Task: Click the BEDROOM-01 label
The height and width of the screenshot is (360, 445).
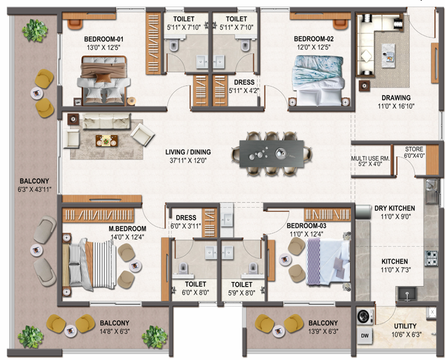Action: pyautogui.click(x=103, y=39)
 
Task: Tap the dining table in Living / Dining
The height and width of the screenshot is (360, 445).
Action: pyautogui.click(x=272, y=153)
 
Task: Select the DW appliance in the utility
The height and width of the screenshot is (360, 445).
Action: pyautogui.click(x=365, y=336)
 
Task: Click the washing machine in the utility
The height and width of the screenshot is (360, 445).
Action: pyautogui.click(x=365, y=316)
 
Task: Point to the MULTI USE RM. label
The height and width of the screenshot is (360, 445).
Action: pyautogui.click(x=371, y=159)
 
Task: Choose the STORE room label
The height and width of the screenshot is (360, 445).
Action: pyautogui.click(x=414, y=149)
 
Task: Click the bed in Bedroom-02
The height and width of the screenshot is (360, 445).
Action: pyautogui.click(x=319, y=80)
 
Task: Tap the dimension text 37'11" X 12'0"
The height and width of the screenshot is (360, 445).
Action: pyautogui.click(x=188, y=160)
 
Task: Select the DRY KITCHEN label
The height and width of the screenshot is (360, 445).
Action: pyautogui.click(x=394, y=208)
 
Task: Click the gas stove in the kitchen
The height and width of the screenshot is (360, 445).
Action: pyautogui.click(x=431, y=258)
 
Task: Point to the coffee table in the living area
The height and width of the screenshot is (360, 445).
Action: pyautogui.click(x=106, y=141)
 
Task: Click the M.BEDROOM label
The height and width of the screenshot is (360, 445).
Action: pyautogui.click(x=128, y=228)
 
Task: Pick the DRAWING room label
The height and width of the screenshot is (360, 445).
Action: pyautogui.click(x=396, y=98)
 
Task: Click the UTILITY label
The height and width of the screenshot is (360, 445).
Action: pyautogui.click(x=405, y=326)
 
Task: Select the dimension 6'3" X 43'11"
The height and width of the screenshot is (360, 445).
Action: pyautogui.click(x=34, y=189)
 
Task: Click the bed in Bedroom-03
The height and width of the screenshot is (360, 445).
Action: pyautogui.click(x=328, y=261)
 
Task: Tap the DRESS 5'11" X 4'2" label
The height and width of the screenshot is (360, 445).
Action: pyautogui.click(x=244, y=87)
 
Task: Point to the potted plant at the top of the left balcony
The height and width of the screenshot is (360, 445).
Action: pyautogui.click(x=35, y=30)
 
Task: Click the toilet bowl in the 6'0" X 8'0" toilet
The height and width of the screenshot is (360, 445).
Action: pyautogui.click(x=184, y=268)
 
